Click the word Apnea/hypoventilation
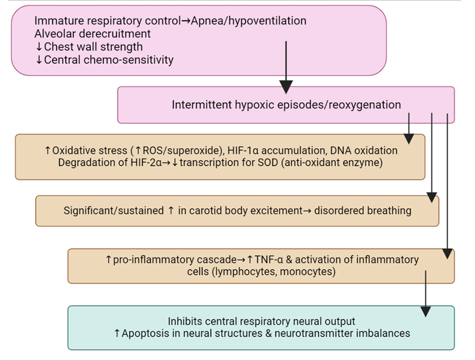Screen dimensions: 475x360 click(x=249, y=21)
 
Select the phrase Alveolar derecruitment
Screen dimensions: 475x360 click(x=93, y=33)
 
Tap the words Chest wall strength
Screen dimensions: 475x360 click(x=93, y=47)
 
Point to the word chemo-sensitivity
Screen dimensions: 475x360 click(x=128, y=60)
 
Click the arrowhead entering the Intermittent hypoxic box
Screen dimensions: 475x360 click(x=286, y=87)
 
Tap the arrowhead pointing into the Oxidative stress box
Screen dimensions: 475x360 click(x=409, y=139)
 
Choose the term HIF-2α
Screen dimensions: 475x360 click(x=146, y=162)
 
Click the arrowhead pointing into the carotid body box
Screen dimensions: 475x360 click(x=431, y=198)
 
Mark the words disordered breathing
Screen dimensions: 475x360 click(x=363, y=211)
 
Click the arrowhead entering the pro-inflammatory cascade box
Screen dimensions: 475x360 click(x=448, y=254)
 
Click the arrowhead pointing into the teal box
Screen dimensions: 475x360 click(x=425, y=312)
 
